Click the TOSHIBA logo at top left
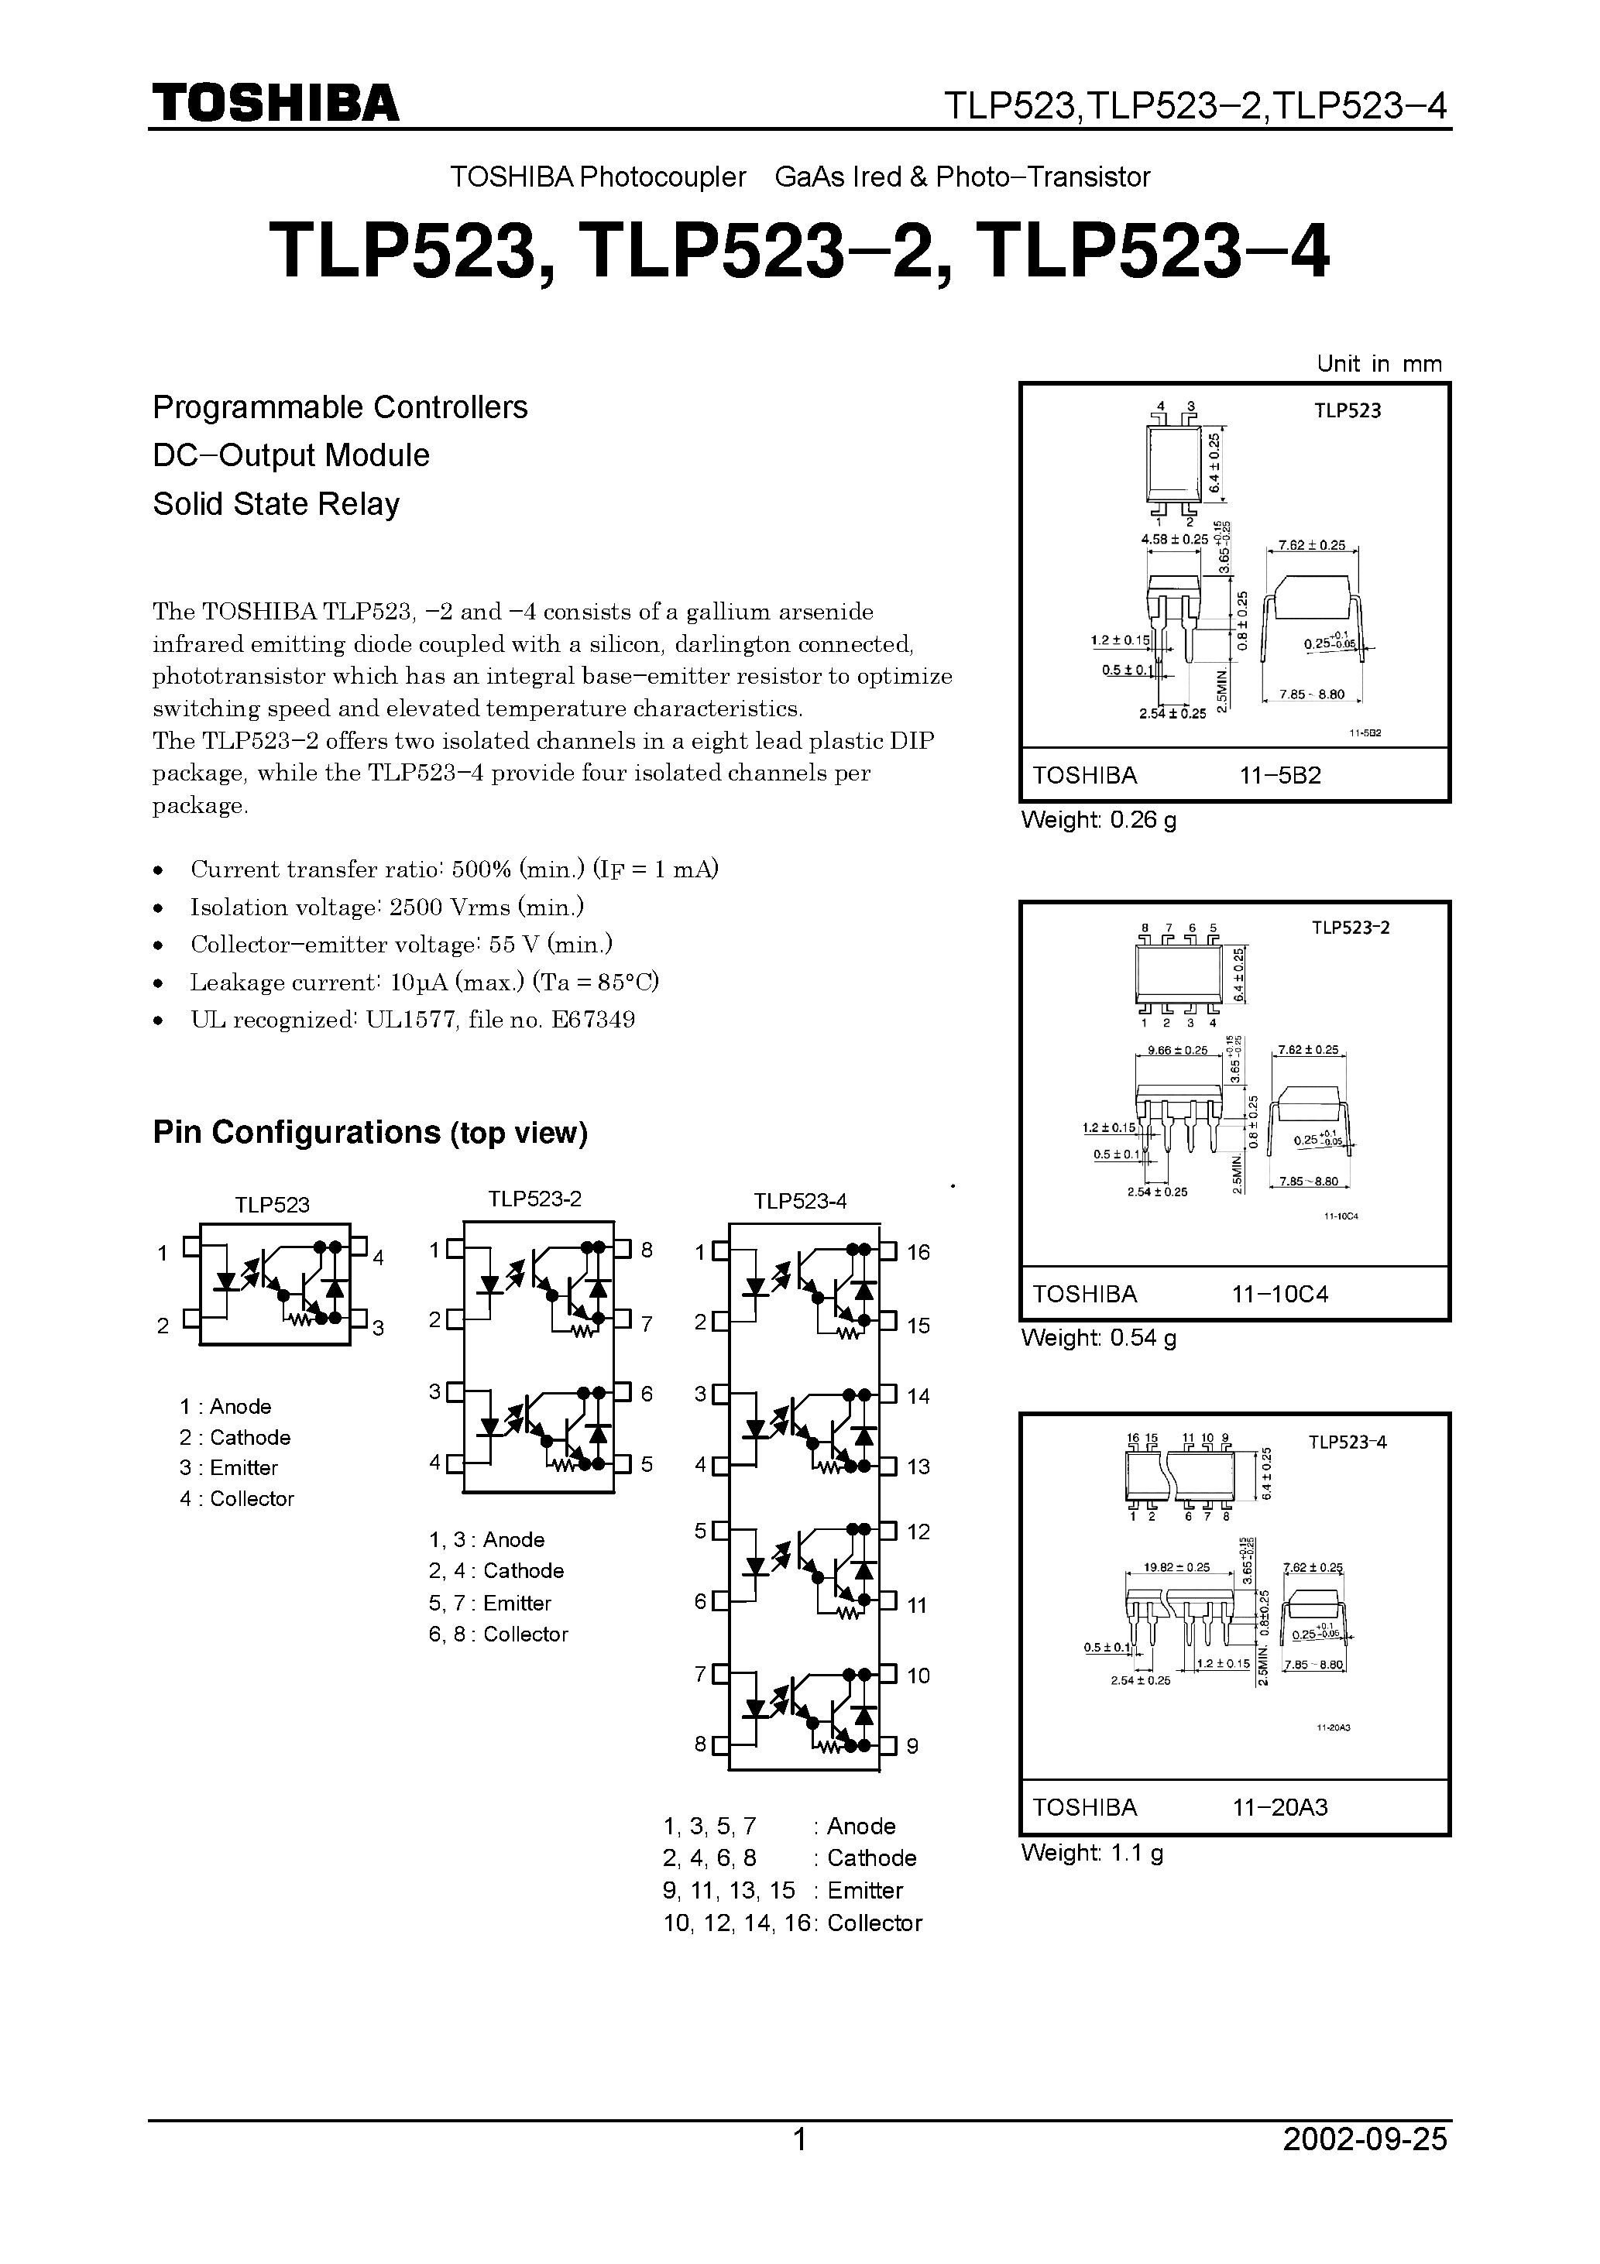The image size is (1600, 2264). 275,102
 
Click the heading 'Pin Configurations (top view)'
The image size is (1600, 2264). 370,1132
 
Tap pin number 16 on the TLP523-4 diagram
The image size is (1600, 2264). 918,1252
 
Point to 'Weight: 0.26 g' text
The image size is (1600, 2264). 1098,819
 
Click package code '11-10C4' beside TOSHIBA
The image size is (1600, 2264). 1279,1294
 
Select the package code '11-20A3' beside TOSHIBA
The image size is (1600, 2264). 1279,1807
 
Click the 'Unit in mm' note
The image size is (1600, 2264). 1378,364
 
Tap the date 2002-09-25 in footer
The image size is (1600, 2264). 1365,2167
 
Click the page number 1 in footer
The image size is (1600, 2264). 800,2167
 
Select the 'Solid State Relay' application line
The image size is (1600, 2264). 276,504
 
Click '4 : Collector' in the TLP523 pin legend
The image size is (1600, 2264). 237,1499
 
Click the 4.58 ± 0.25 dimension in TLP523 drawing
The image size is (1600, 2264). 1174,540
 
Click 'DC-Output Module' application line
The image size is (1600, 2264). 291,455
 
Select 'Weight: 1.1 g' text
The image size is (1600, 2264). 1092,1853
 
